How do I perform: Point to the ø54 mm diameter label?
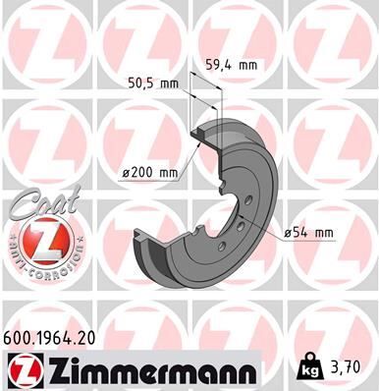[307, 233]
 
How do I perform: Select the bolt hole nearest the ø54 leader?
[242, 226]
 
